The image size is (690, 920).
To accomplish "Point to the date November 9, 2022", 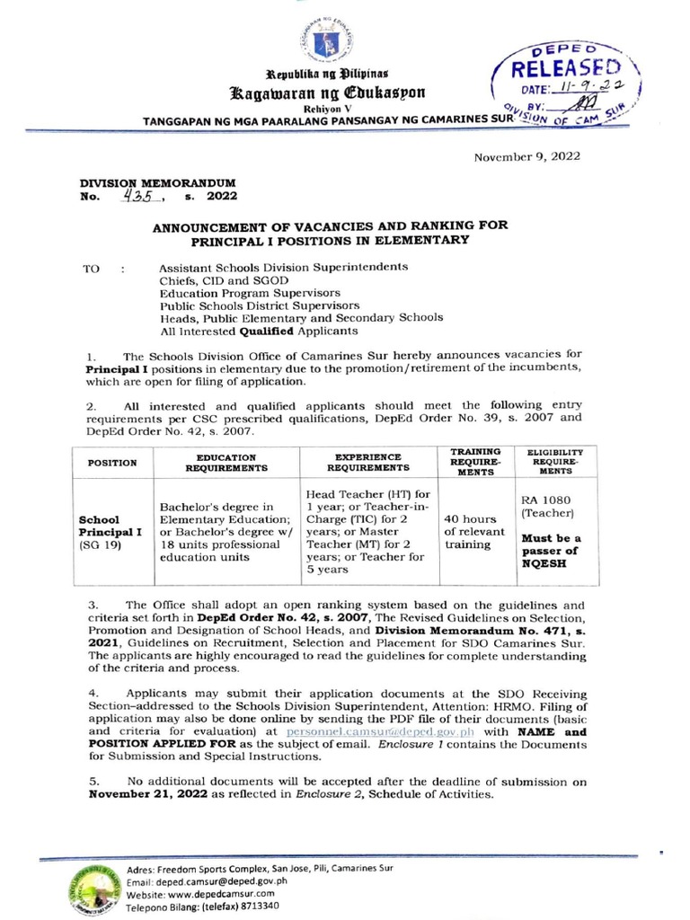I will point(528,155).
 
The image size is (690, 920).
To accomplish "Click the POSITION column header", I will point(112,463).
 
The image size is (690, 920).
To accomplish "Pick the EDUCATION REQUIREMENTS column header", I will point(226,463).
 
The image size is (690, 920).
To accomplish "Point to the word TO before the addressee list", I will point(92,268).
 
